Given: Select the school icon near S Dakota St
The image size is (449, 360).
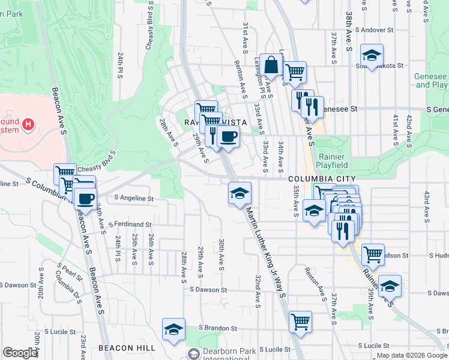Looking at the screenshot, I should tap(372, 56).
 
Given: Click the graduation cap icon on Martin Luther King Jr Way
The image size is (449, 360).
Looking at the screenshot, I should tap(240, 193).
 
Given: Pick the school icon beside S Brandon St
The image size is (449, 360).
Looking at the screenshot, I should tap(173, 329).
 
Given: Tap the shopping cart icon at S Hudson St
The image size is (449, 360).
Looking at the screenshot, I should tap(373, 254).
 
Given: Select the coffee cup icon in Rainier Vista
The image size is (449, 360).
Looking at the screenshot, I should tap(228, 136).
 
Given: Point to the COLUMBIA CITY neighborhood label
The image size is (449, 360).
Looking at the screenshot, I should tap(322, 179).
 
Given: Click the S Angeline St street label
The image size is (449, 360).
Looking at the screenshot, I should tap(129, 198).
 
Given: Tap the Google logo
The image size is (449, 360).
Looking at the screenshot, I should tap(20, 353).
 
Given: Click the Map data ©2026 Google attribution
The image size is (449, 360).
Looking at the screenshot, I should tap(412, 355).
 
